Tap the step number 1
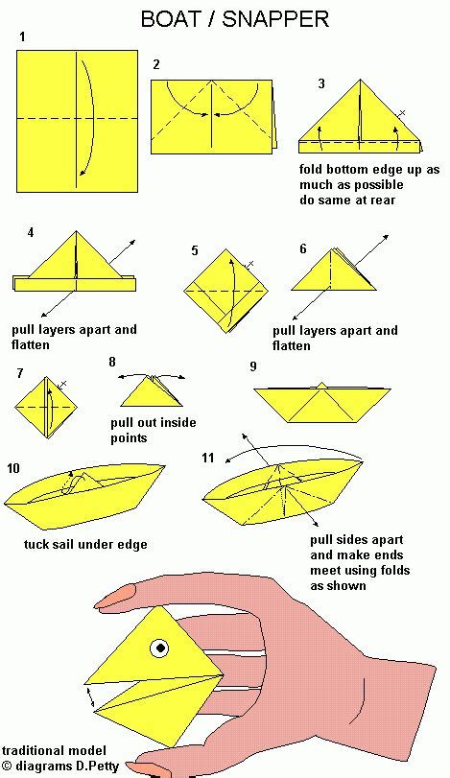(x=20, y=36)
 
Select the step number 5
(x=195, y=250)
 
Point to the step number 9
(x=252, y=366)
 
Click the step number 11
(x=208, y=458)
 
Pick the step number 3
(x=321, y=83)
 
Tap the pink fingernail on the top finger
(x=118, y=597)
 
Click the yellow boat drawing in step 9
(x=322, y=402)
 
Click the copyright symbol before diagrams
(x=7, y=765)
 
